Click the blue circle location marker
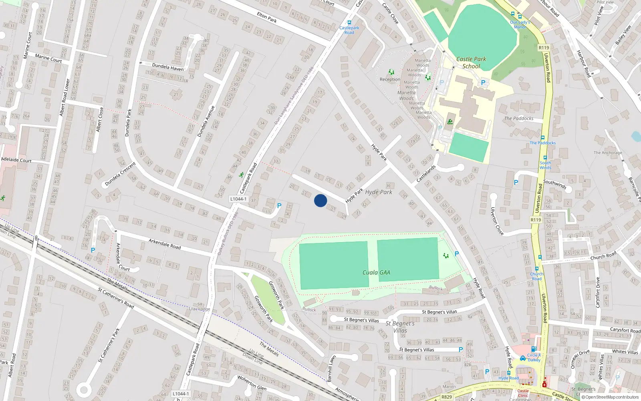click(320, 200)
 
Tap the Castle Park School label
click(471, 63)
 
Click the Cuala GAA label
click(376, 273)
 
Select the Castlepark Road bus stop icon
click(349, 23)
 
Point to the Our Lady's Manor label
click(520, 24)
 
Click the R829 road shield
click(447, 397)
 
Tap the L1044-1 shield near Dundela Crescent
click(238, 199)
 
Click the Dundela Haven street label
click(168, 67)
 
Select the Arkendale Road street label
click(165, 244)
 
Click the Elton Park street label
click(267, 17)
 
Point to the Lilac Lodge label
click(200, 309)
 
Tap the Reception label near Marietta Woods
click(390, 79)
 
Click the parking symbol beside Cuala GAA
click(457, 254)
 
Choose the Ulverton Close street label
click(497, 221)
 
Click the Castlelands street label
click(426, 174)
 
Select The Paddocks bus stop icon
click(543, 138)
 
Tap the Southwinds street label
click(555, 184)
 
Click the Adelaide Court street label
click(16, 160)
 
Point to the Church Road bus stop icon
click(537, 269)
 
